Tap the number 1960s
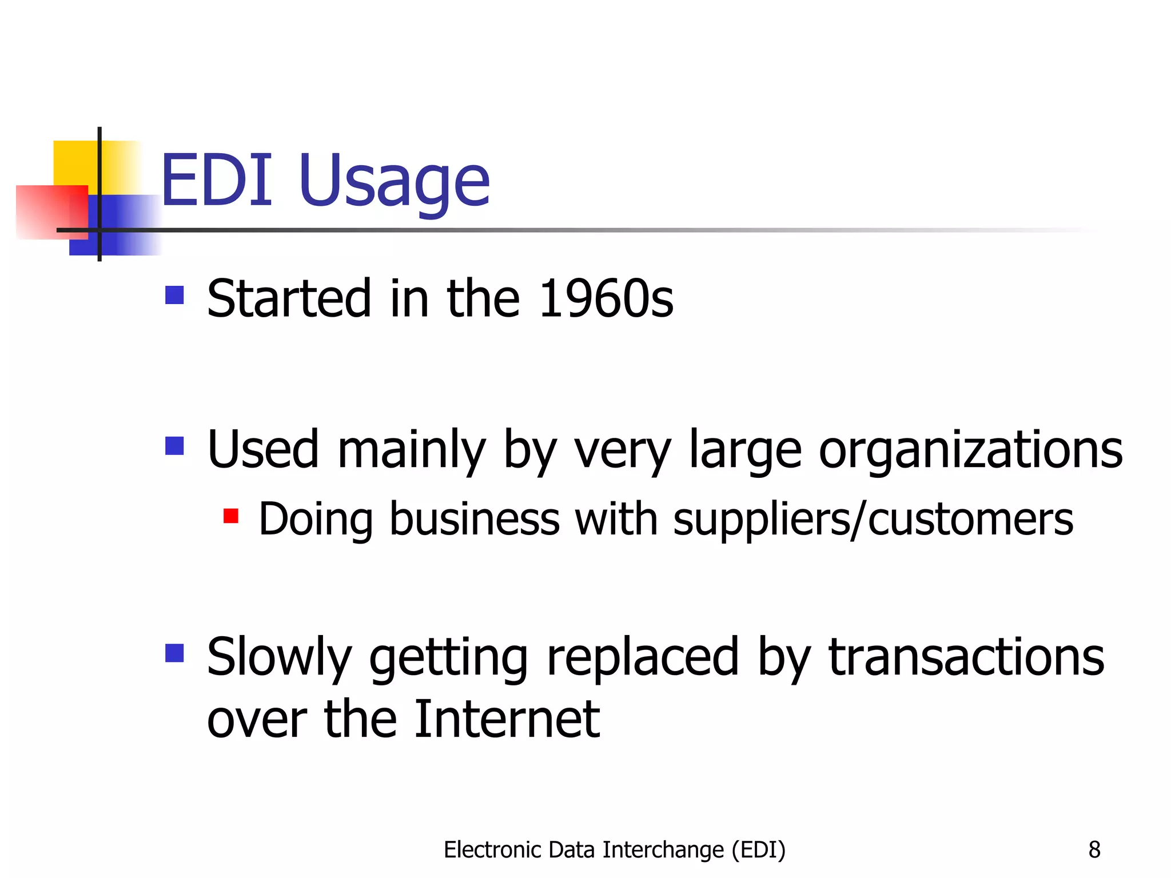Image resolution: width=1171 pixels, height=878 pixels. point(606,298)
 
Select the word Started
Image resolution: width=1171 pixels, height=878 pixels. point(289,298)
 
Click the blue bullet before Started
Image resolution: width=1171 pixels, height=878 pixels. point(174,295)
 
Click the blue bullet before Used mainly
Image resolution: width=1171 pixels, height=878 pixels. point(174,445)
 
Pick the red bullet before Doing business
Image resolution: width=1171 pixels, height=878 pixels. point(230,516)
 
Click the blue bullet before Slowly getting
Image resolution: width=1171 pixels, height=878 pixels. point(174,653)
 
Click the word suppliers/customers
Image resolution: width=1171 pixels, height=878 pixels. point(873,520)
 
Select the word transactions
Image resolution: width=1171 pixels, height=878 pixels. point(966,657)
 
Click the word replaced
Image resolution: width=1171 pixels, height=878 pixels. point(643,657)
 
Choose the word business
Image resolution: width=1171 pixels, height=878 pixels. point(474,520)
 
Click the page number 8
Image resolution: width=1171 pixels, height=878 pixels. point(1094,850)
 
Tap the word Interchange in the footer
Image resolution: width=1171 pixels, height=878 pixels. point(663,850)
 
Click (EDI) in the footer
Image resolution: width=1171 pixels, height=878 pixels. point(759,850)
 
